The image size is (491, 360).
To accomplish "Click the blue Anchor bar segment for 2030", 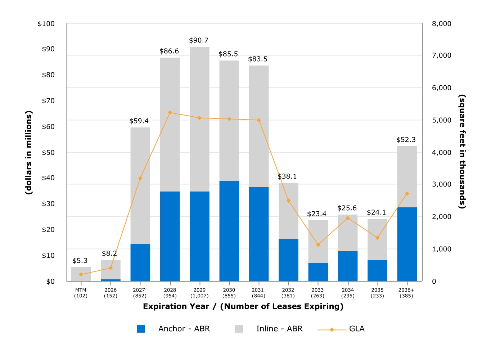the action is pyautogui.click(x=229, y=231).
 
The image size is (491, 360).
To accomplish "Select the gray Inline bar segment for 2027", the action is pyautogui.click(x=140, y=186).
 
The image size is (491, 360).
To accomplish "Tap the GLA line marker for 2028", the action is pyautogui.click(x=170, y=112).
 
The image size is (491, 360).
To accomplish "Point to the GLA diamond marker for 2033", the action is pyautogui.click(x=318, y=245).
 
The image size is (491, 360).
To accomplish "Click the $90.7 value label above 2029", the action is pyautogui.click(x=199, y=40).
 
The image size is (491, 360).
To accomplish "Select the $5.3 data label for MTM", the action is pyautogui.click(x=80, y=261).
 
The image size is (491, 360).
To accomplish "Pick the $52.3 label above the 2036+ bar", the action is pyautogui.click(x=406, y=140).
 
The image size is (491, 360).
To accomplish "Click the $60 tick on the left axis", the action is pyautogui.click(x=48, y=126).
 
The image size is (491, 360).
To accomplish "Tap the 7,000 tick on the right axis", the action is pyautogui.click(x=442, y=55).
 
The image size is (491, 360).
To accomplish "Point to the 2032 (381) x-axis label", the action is pyautogui.click(x=288, y=293).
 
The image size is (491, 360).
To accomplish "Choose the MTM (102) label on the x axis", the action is pyautogui.click(x=81, y=293).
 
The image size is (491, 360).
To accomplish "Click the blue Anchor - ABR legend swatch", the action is pyautogui.click(x=141, y=329).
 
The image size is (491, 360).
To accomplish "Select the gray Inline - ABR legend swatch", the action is pyautogui.click(x=239, y=329).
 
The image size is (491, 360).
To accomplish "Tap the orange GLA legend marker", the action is pyautogui.click(x=332, y=330).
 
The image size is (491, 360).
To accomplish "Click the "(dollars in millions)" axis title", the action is pyautogui.click(x=29, y=153).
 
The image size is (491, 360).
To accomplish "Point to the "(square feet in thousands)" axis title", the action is pyautogui.click(x=462, y=152).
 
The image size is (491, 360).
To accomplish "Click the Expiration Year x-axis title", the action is pyautogui.click(x=243, y=306).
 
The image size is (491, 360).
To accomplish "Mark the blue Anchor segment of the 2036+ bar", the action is pyautogui.click(x=407, y=244).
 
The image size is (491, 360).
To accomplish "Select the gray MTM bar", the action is pyautogui.click(x=81, y=274).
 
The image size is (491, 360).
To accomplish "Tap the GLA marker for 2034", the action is pyautogui.click(x=348, y=218).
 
